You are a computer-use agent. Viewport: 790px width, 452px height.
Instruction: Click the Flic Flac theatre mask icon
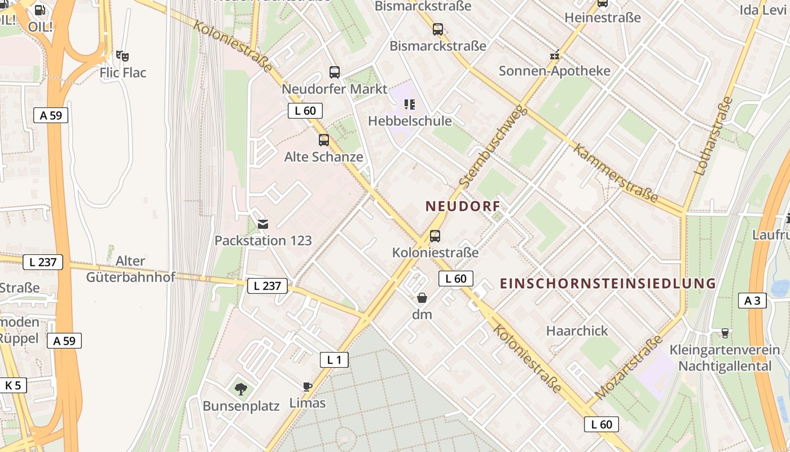click(x=122, y=55)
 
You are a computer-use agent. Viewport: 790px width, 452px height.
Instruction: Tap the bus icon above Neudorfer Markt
click(x=335, y=72)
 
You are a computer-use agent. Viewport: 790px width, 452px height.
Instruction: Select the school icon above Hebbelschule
click(x=410, y=104)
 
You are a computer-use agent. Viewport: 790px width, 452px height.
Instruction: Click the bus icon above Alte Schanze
click(x=324, y=140)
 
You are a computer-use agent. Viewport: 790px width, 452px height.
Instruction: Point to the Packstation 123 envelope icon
click(x=263, y=224)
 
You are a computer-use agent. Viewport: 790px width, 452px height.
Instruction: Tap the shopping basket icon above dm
click(x=422, y=298)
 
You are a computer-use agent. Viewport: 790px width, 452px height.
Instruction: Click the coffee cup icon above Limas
click(x=307, y=386)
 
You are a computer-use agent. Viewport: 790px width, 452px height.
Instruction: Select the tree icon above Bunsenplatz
click(x=241, y=389)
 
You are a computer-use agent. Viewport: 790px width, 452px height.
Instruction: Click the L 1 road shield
click(x=334, y=359)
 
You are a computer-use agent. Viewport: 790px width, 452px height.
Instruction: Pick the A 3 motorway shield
click(x=752, y=301)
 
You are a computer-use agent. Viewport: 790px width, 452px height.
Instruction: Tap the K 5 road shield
click(x=12, y=385)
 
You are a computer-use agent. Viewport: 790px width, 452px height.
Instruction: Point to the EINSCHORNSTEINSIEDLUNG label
click(x=608, y=283)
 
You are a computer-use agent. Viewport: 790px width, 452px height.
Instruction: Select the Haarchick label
click(x=577, y=331)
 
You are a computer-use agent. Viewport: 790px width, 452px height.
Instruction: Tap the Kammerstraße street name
click(x=616, y=173)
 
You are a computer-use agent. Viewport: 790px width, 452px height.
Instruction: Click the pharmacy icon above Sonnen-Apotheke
click(x=555, y=55)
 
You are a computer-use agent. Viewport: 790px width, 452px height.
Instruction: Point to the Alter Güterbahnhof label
click(x=130, y=269)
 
